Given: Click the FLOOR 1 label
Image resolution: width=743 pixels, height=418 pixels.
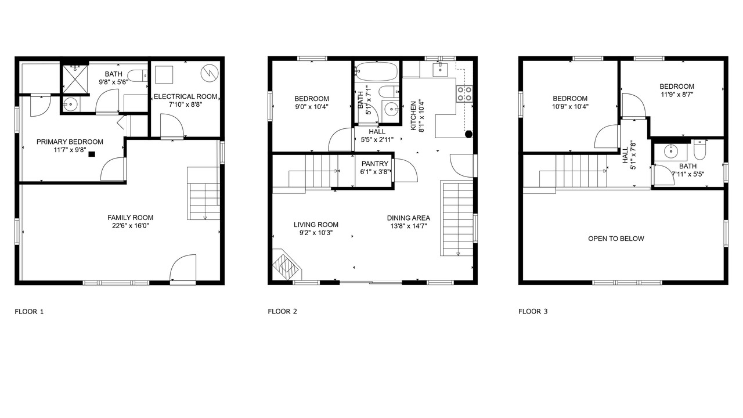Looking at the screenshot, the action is (29, 312).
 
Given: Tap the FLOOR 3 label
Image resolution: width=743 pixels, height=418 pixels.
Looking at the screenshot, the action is (533, 312).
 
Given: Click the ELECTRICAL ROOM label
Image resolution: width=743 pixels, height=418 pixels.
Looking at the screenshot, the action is (185, 96).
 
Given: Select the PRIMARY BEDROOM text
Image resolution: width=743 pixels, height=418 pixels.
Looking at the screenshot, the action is (70, 142).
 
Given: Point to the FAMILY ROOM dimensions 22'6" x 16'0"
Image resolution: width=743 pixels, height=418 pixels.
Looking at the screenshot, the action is (131, 226).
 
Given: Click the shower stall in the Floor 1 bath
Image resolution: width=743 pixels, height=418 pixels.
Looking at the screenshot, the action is (75, 80).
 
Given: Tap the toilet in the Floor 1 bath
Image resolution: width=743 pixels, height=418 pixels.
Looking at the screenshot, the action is (138, 76).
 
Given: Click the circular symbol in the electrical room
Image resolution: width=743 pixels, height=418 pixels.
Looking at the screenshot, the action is (210, 73).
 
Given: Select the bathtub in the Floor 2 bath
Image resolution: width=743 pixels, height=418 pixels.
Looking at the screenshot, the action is (376, 71).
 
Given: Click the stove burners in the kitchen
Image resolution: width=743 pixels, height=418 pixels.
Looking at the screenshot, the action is (464, 94).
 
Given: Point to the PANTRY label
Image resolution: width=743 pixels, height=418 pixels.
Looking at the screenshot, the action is (375, 164).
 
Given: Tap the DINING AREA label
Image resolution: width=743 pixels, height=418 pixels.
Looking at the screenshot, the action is (408, 218).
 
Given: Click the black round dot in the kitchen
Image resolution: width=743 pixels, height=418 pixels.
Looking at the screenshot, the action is (468, 134).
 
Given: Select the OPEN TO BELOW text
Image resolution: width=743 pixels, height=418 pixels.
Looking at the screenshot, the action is (616, 239).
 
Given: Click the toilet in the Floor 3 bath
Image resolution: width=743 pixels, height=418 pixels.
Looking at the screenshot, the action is (700, 150).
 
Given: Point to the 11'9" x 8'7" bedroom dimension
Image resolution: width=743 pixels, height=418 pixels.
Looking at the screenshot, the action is (677, 94).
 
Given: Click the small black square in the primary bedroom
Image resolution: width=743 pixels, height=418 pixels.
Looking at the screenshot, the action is (92, 154).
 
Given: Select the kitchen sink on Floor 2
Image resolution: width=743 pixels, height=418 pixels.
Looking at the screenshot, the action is (440, 70).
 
